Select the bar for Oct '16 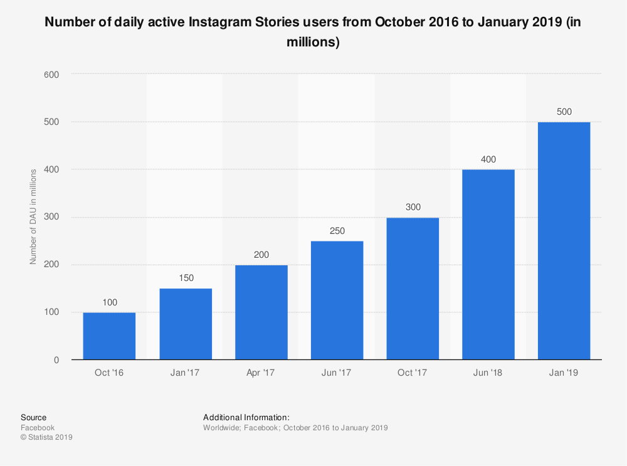[x=109, y=336]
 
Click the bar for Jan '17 [x=186, y=324]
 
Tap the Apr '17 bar [x=261, y=312]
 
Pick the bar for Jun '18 [x=488, y=265]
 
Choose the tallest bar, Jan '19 [x=564, y=241]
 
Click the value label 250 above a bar [x=337, y=231]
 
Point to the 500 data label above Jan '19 [x=564, y=112]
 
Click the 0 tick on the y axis [x=56, y=360]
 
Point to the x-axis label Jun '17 [x=337, y=373]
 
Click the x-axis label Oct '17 [x=413, y=373]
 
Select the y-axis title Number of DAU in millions [x=33, y=216]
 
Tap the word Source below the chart [x=33, y=418]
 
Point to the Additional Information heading [x=246, y=418]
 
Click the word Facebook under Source [x=38, y=428]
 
